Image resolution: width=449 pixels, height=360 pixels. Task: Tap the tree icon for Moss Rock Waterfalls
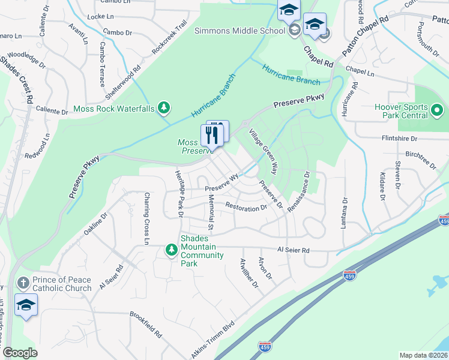tap(163, 108)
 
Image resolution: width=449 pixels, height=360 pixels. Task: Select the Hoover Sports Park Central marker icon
tap(437, 111)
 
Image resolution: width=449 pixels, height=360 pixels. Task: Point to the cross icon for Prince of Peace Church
tap(23, 282)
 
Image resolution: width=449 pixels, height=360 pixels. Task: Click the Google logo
tap(20, 353)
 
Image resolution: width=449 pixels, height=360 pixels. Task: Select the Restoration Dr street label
tap(246, 208)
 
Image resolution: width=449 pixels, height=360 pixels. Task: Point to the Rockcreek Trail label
tap(170, 40)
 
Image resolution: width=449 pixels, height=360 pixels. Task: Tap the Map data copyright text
tap(423, 355)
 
